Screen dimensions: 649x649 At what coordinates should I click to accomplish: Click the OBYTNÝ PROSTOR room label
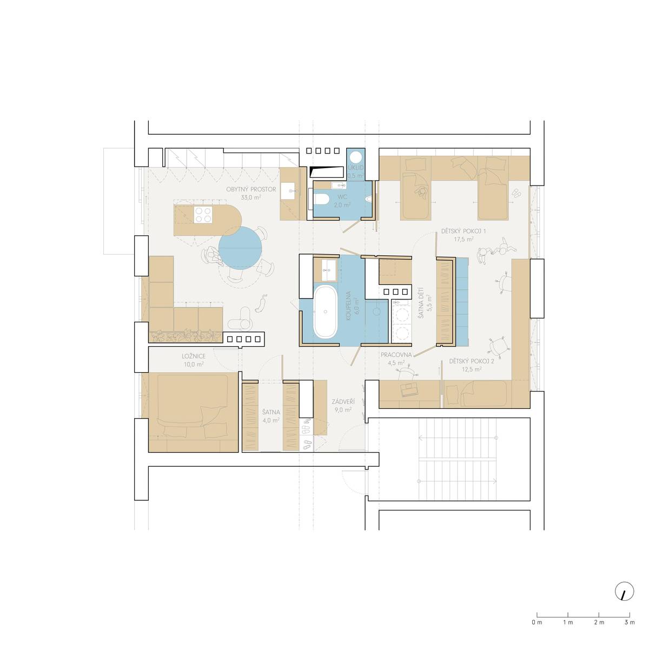tap(251, 189)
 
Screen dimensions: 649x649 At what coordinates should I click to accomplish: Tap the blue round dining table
tap(240, 248)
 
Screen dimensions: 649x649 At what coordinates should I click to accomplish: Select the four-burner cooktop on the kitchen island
tap(203, 215)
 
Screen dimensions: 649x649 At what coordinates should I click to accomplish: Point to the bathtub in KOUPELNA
tap(325, 312)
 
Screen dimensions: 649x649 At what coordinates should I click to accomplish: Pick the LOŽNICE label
tap(194, 356)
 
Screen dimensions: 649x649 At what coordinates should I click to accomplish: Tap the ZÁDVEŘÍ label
tap(343, 402)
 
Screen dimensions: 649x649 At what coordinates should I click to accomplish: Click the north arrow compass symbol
tap(625, 600)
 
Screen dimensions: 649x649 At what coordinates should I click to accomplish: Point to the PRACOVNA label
tap(396, 355)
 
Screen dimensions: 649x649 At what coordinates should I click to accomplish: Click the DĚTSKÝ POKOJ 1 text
tap(463, 231)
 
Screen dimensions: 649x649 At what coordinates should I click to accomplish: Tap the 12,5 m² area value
tap(472, 369)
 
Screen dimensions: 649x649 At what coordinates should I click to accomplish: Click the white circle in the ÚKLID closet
tap(356, 157)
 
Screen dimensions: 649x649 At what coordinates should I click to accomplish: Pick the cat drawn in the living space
tap(261, 303)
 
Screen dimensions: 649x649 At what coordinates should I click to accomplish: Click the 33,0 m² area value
tap(251, 197)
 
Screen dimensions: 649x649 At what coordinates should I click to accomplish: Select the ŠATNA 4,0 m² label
tap(271, 416)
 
